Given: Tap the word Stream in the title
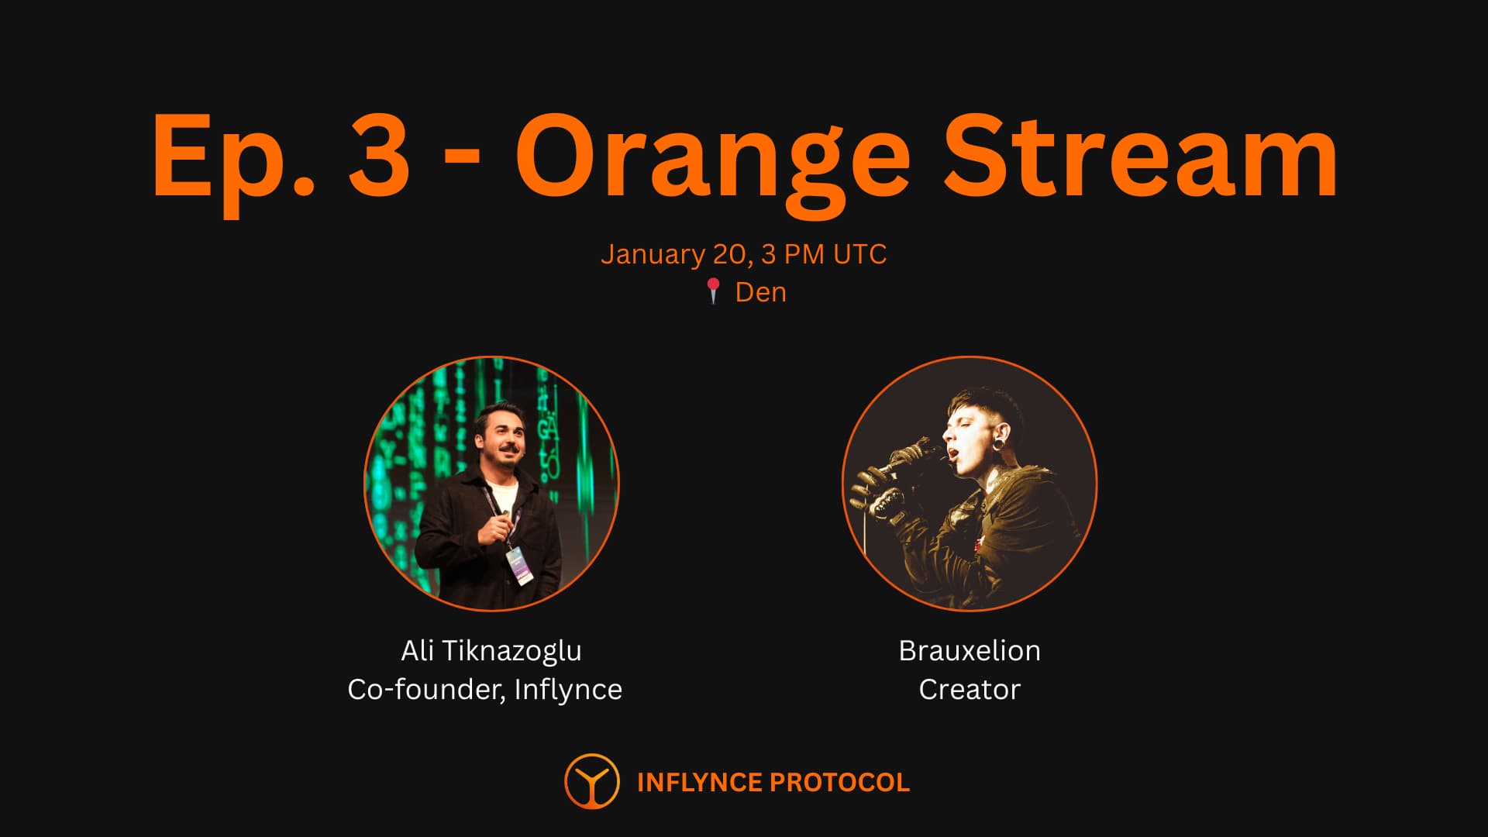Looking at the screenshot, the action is [x=1141, y=155].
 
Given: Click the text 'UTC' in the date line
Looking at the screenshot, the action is [x=859, y=254].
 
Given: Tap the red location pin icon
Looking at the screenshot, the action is [x=714, y=291].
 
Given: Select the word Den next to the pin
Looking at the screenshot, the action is [x=760, y=292].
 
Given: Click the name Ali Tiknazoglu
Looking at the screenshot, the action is [x=491, y=651].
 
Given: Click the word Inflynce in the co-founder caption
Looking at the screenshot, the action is [x=568, y=691].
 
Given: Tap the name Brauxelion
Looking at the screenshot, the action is [x=970, y=650].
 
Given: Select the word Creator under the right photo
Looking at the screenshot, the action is [x=970, y=690].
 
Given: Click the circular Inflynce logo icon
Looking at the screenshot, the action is [x=592, y=781].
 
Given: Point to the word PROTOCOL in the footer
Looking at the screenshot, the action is [x=840, y=783].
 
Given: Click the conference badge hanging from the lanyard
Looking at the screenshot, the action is [x=520, y=565].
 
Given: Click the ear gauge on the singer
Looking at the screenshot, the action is [x=1004, y=453].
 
